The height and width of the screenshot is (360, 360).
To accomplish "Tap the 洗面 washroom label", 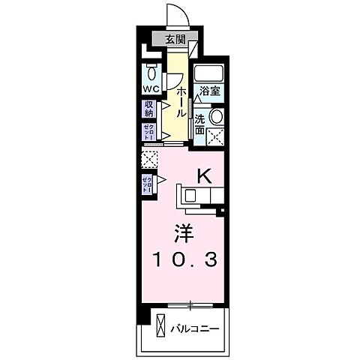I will coord(199,123).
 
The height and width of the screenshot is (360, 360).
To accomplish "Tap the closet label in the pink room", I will coord(148,184).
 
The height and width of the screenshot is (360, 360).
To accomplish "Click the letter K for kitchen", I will coord(202,175).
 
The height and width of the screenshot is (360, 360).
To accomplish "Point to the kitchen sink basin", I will coord(190,196).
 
